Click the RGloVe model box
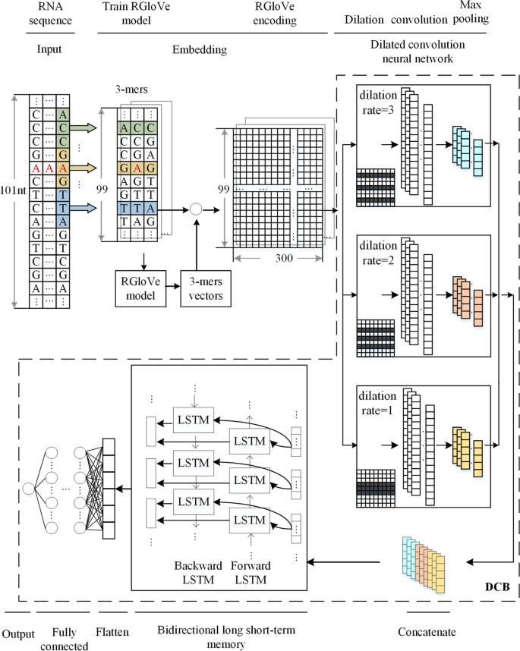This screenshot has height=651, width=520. point(140,288)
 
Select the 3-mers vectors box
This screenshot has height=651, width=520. point(206,288)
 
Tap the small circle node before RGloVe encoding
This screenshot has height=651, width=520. point(196,209)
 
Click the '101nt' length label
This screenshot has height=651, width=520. point(13,190)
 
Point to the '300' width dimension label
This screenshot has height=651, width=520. point(284,258)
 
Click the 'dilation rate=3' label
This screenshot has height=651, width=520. point(378,102)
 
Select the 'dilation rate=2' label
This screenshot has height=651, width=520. point(378,253)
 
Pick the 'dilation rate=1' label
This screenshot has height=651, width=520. point(377,403)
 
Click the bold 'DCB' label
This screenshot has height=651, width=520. point(497,587)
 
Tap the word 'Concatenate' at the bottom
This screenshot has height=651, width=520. point(427,632)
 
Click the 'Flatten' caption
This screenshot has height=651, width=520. point(112,632)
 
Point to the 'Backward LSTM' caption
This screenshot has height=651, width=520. point(198,573)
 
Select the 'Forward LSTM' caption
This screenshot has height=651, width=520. point(251,573)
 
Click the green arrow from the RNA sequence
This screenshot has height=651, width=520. point(83,128)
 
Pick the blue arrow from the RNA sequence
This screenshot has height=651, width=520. point(83,208)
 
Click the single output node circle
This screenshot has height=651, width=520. point(29,489)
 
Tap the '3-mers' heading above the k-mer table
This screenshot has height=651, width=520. point(131,90)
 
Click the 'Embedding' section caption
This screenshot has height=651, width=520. point(200,50)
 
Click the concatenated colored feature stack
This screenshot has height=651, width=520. point(424,565)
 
